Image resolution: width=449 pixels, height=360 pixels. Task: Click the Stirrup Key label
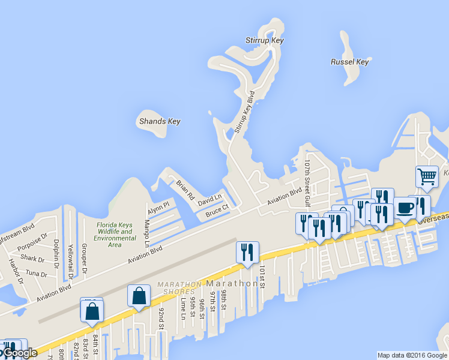[264, 41]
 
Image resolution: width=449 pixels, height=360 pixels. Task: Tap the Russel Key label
[349, 62]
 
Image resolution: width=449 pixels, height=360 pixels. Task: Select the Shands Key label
[160, 121]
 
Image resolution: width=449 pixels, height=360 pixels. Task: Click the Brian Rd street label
[185, 190]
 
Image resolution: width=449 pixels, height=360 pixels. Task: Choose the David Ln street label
[209, 197]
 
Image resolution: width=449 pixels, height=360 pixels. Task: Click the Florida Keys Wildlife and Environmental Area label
[115, 235]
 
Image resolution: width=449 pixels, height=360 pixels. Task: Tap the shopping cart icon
[427, 178]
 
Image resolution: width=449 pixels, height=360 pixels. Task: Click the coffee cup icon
[405, 208]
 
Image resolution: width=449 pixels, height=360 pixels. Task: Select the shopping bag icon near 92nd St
[139, 296]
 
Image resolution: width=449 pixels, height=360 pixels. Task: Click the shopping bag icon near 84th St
[92, 311]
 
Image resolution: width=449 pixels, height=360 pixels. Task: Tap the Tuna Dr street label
[36, 274]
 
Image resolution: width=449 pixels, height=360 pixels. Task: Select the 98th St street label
[223, 299]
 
